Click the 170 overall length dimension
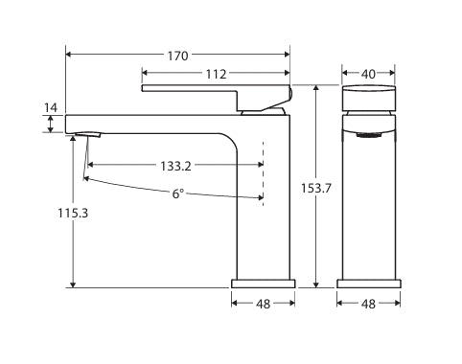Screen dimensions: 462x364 [178, 57]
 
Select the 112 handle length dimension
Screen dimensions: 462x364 [216, 74]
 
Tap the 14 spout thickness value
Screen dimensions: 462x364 [51, 108]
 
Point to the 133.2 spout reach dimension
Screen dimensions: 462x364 [175, 166]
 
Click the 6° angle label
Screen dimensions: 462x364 [178, 193]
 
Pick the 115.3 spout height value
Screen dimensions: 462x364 [73, 213]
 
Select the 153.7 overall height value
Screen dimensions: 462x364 [316, 189]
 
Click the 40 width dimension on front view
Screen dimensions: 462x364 [368, 74]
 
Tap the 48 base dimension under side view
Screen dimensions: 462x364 [264, 304]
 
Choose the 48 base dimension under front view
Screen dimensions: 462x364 [368, 304]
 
